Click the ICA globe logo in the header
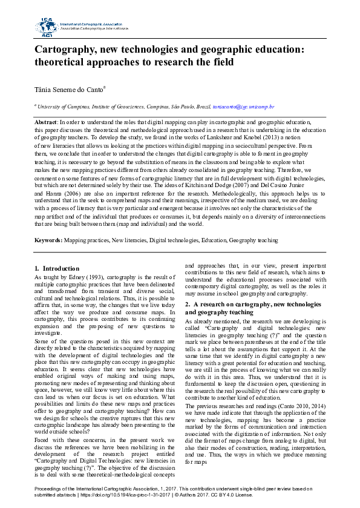pos(45,26)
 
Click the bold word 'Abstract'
pos(46,122)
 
